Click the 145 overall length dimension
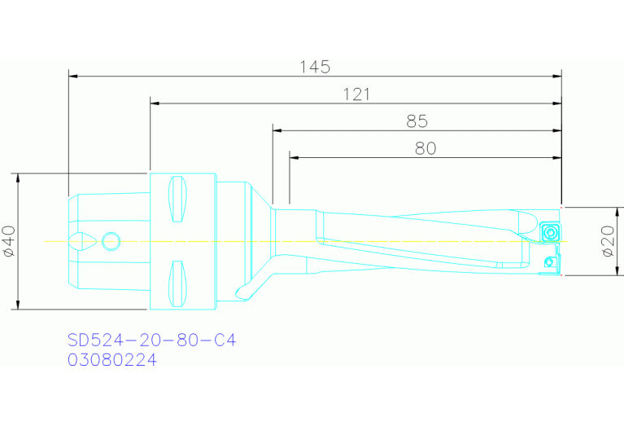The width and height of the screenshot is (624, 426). (315, 67)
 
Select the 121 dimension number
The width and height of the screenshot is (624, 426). (356, 94)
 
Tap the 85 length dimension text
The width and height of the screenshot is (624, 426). (417, 121)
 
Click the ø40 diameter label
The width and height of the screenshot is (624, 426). (9, 242)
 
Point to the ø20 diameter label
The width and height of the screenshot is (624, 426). (608, 242)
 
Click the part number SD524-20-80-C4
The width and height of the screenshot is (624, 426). (151, 340)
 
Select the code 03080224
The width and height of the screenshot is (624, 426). (111, 359)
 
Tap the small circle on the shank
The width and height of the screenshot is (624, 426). (111, 240)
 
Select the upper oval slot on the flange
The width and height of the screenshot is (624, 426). (177, 199)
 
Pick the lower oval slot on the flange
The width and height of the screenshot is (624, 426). (177, 283)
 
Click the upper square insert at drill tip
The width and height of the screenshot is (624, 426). (552, 233)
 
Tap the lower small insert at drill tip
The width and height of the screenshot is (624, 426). (550, 262)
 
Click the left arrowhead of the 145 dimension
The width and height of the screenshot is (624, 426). (73, 76)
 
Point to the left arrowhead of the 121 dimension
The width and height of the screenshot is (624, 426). (155, 103)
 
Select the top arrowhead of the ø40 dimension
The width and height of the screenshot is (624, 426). (17, 177)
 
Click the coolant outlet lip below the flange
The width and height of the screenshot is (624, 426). (242, 292)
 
